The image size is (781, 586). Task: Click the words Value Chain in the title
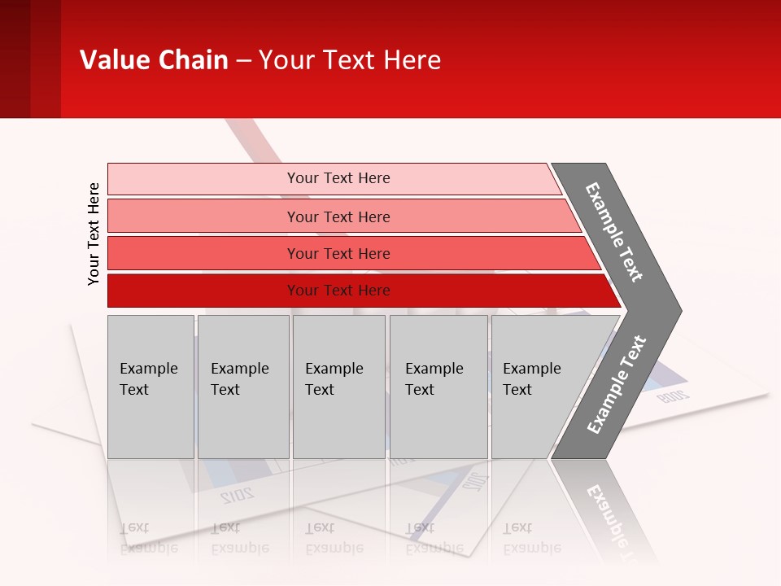[x=154, y=60]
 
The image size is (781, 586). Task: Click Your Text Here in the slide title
[x=350, y=60]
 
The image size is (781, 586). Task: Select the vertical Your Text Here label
[x=94, y=234]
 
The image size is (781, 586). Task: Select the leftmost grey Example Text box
[x=151, y=387]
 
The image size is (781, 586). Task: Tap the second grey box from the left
[x=243, y=387]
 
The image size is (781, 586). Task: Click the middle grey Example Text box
[x=338, y=387]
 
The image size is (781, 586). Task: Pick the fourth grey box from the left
[x=438, y=387]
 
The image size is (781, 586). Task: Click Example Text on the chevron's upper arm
[x=614, y=232]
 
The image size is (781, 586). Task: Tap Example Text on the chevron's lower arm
[x=617, y=385]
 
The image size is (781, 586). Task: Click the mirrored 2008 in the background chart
[x=673, y=396]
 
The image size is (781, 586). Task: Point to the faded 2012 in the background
[x=237, y=494]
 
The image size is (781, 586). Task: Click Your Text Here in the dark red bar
[x=338, y=291]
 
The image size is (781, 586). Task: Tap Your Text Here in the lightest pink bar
[x=338, y=178]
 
